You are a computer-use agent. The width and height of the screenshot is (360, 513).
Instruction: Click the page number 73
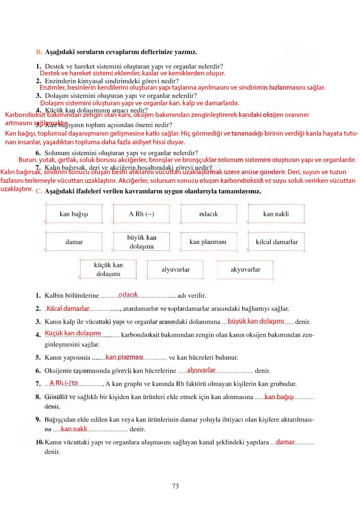175,486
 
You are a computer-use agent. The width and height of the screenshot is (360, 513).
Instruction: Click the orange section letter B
39,52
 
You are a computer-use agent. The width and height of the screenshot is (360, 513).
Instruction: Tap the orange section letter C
39,191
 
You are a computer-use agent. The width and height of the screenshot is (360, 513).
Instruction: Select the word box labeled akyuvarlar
245,269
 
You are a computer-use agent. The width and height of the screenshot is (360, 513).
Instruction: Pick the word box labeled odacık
208,214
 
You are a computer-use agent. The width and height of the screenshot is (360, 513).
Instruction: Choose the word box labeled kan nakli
276,214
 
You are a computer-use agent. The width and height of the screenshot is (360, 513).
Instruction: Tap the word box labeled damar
74,242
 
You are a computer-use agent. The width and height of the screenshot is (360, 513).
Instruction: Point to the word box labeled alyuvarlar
175,269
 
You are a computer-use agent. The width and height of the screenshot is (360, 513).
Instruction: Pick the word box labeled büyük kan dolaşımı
141,242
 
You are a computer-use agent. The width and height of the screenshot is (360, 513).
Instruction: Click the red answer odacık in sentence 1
128,295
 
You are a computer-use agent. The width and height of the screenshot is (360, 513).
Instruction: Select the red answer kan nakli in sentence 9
74,429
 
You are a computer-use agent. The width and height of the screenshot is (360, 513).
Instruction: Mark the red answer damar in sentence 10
285,442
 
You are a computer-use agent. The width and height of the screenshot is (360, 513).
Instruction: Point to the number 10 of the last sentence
39,442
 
